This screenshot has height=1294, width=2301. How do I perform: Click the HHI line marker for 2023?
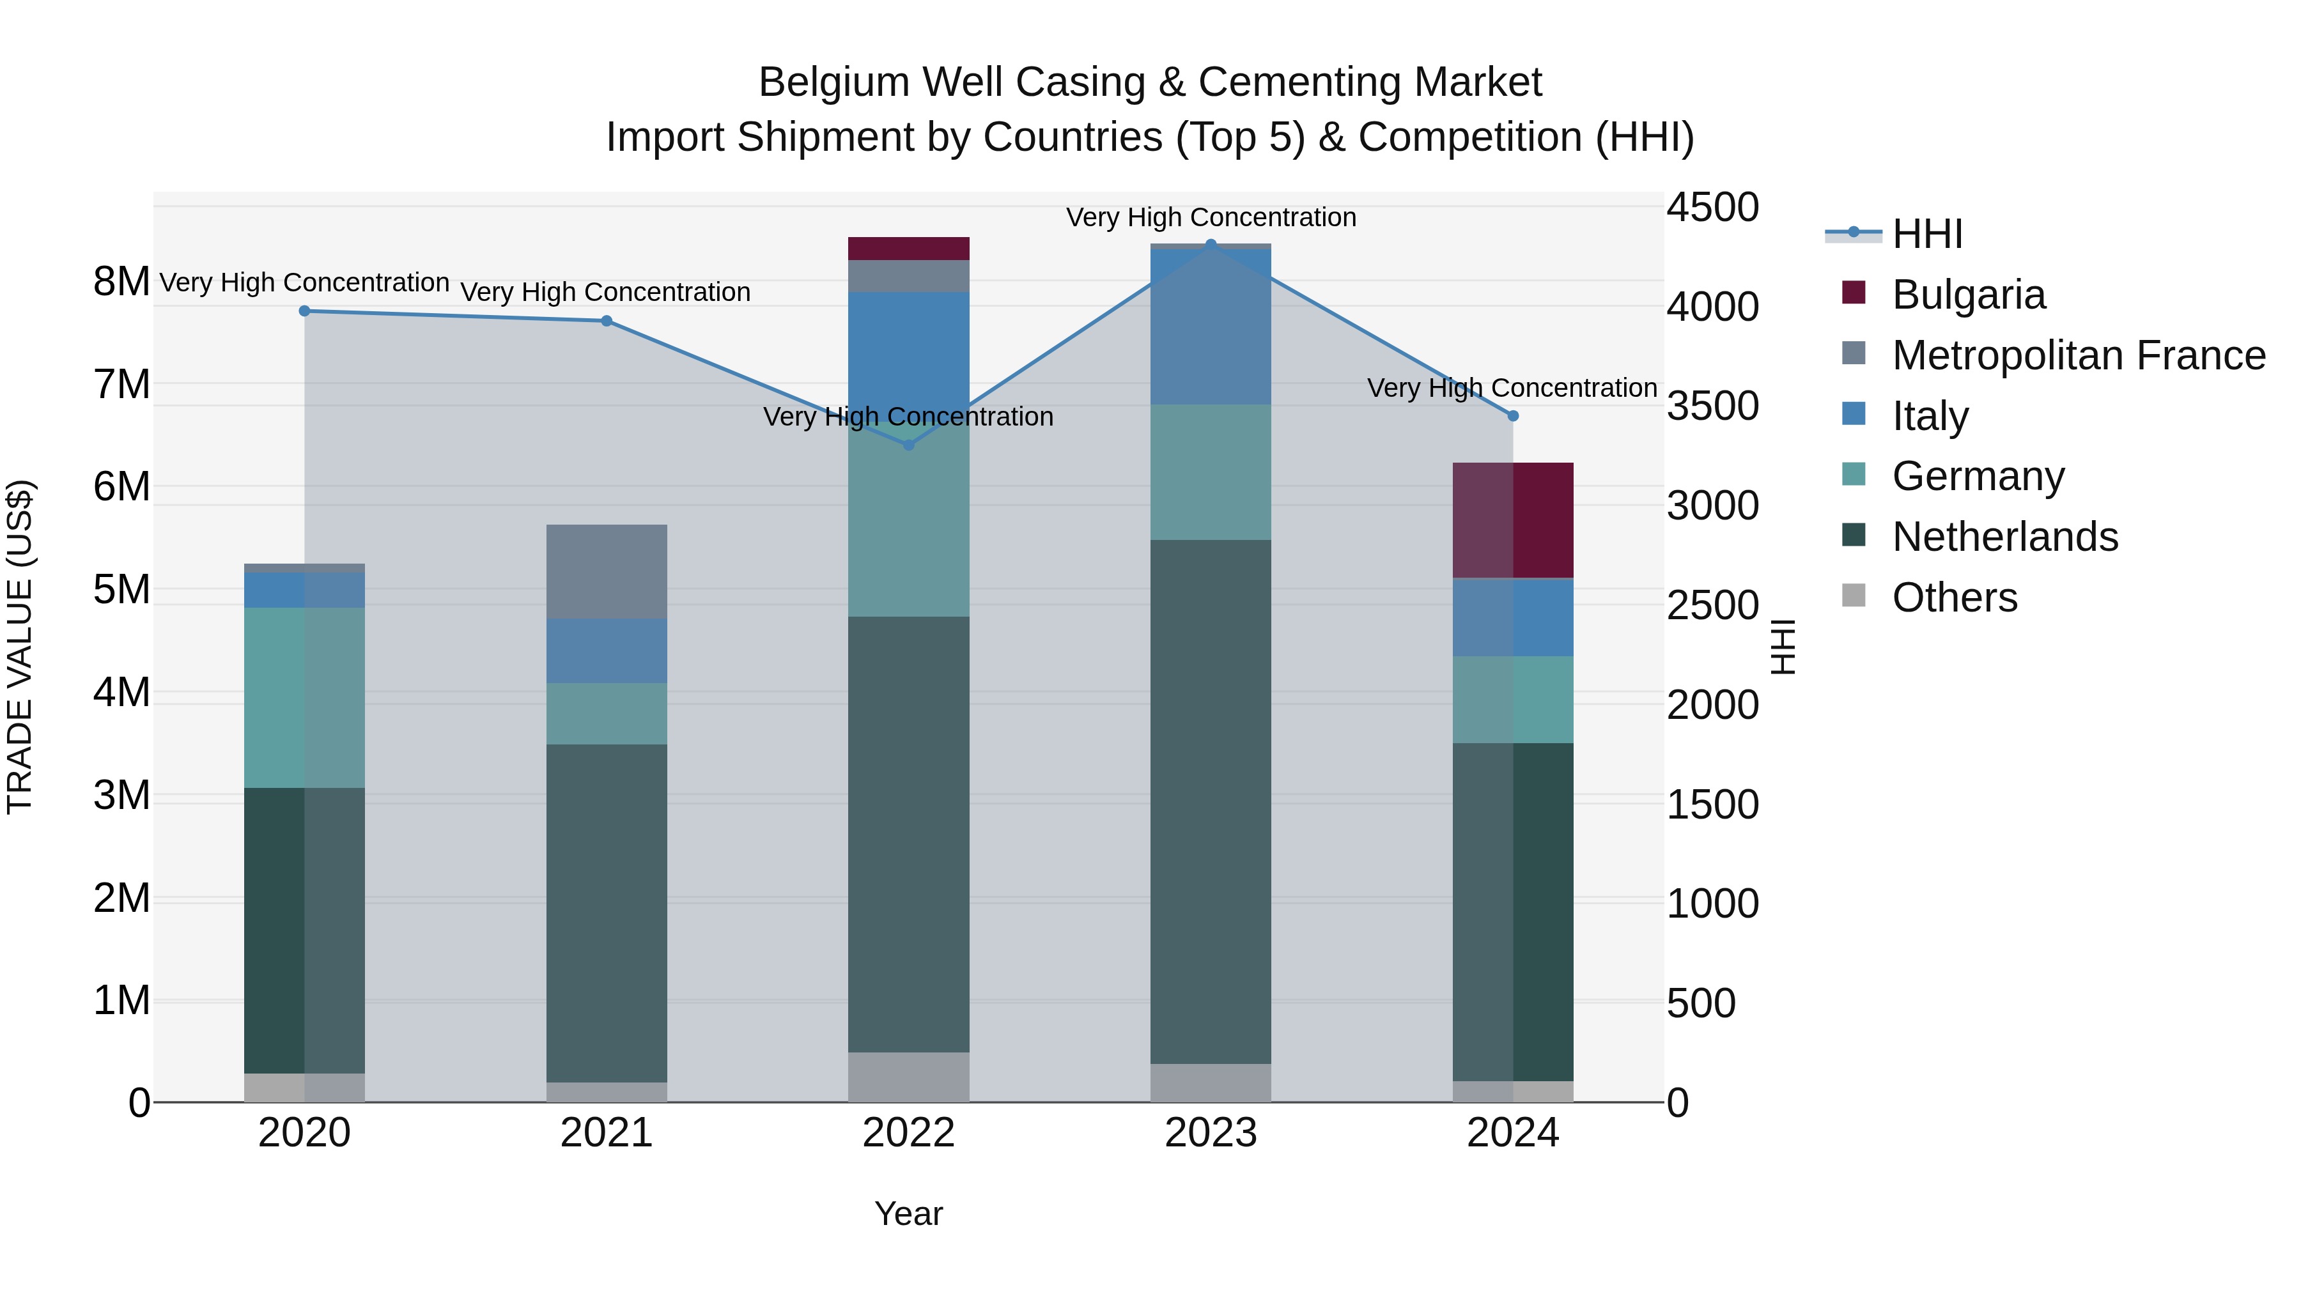tap(1211, 244)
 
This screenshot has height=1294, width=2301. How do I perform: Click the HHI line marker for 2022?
tap(908, 445)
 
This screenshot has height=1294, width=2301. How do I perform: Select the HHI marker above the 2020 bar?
tap(305, 311)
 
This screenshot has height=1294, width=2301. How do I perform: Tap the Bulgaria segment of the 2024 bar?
tap(1512, 521)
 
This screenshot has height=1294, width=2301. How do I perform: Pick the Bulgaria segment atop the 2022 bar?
tap(908, 249)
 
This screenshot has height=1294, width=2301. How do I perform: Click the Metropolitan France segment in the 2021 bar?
tap(607, 571)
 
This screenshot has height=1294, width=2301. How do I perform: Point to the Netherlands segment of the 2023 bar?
tap(1211, 801)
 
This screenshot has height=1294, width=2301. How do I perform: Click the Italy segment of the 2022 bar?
tap(908, 348)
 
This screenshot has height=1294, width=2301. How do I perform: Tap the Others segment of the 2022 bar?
tap(908, 1077)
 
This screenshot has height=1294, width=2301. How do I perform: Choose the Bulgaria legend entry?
tap(1968, 295)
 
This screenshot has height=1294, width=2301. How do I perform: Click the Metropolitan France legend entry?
tap(2078, 355)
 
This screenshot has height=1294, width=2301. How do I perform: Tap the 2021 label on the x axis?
tap(607, 1133)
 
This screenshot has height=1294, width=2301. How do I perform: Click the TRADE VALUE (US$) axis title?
tap(20, 647)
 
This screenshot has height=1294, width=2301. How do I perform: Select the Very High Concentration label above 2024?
tap(1512, 389)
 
